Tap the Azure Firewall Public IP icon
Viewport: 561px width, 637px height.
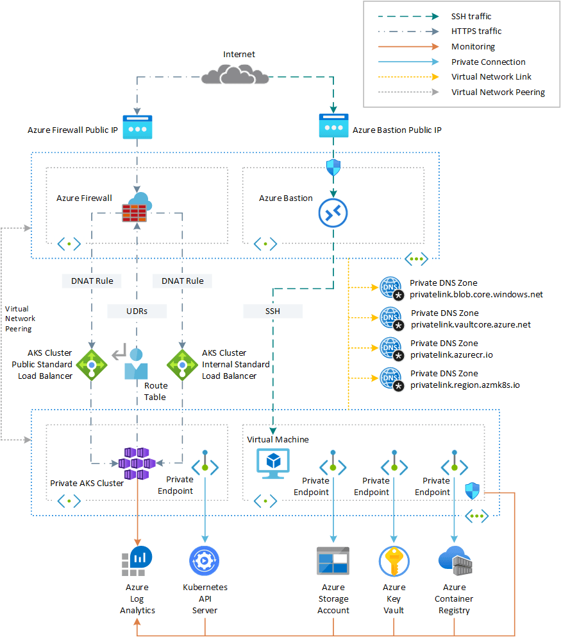pos(137,127)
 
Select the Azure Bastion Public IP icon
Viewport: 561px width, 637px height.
pos(333,127)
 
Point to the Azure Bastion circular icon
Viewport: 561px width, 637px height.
pos(332,213)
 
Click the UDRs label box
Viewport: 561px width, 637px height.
pos(137,311)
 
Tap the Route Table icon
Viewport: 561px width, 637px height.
pos(135,363)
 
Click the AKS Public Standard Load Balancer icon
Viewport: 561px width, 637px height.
pos(91,364)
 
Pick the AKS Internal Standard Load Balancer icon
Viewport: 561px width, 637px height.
pos(182,364)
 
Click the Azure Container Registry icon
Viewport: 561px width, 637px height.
pos(455,561)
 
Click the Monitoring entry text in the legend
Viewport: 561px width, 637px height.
pos(473,47)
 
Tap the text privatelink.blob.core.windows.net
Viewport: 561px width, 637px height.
pos(476,294)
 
